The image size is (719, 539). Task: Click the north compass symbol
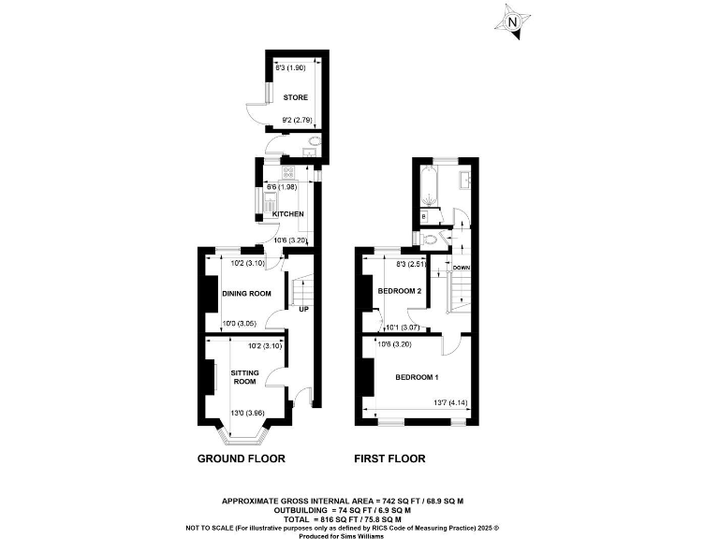coord(511,22)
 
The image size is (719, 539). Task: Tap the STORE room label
coord(296,97)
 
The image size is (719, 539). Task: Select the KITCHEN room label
coord(288,214)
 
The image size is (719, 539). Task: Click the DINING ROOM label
coord(246,294)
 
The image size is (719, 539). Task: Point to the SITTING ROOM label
coord(244,377)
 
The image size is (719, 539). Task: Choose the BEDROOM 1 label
coord(418,377)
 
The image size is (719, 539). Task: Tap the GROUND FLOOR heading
coord(241,459)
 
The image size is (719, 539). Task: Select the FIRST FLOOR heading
coord(389,459)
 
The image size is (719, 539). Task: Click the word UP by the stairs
coord(303,310)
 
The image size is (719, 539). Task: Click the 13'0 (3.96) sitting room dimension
coord(248,413)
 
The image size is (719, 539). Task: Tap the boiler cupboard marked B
coord(425,217)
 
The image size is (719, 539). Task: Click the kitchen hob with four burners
coord(288,171)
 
